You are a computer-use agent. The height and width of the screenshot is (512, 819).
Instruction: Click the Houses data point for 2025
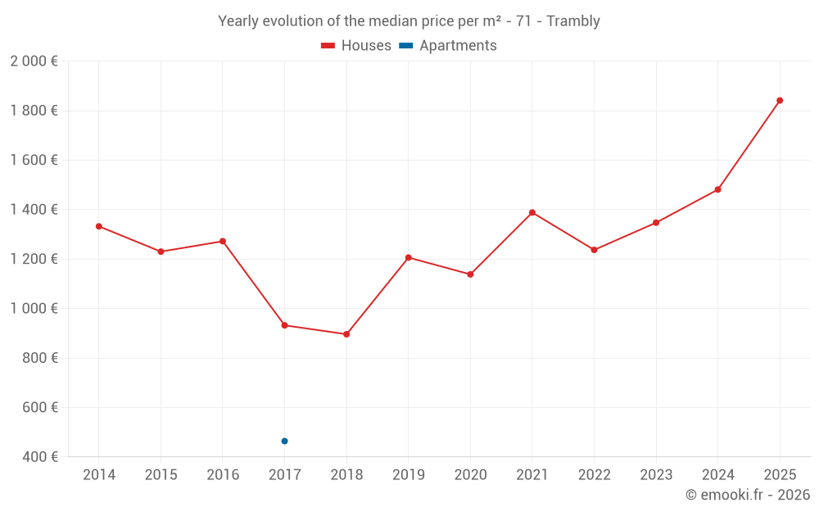click(780, 101)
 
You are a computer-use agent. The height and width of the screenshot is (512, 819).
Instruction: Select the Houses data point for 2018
click(346, 334)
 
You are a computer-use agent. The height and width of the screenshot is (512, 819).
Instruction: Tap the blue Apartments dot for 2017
click(284, 441)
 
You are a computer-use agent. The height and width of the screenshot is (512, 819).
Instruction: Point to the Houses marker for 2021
click(532, 213)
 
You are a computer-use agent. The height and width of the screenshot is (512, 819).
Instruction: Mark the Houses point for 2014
click(99, 226)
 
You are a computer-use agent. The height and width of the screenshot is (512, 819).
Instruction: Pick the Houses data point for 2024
click(717, 189)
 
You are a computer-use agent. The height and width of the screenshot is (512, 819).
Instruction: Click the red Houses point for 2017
click(284, 325)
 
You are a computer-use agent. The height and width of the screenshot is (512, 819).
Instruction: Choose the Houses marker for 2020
click(470, 274)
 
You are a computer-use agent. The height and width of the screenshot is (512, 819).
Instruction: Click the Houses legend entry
click(356, 46)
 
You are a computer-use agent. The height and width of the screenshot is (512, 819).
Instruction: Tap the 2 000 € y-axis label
click(34, 61)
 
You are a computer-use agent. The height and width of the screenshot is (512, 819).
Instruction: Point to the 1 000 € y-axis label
click(34, 309)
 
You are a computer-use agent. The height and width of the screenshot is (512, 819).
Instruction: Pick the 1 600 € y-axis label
click(34, 161)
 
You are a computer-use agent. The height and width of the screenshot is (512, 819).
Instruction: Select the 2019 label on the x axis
click(408, 475)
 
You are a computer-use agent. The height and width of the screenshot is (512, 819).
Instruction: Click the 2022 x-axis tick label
click(594, 475)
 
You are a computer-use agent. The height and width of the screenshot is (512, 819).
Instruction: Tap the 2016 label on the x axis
click(223, 475)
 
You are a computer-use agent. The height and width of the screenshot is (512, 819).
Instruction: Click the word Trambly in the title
click(573, 21)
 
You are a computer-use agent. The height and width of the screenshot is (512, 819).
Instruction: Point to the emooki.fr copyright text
click(748, 495)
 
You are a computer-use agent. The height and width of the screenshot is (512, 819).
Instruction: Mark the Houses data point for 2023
click(656, 223)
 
